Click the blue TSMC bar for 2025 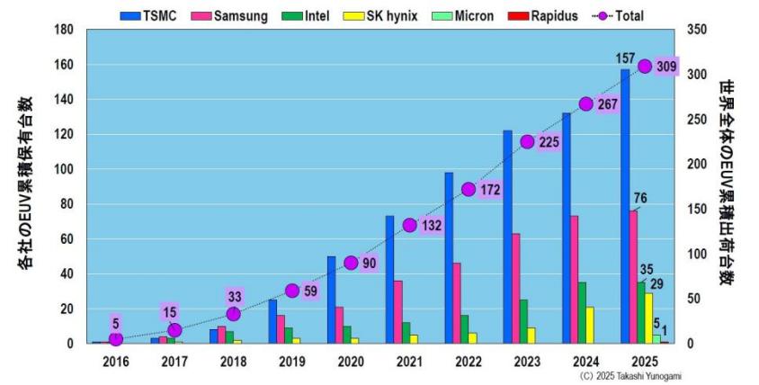[x=624, y=207]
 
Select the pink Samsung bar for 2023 [x=516, y=288]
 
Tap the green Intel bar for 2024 [x=581, y=313]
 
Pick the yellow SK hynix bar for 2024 [x=590, y=325]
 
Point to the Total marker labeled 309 [x=644, y=66]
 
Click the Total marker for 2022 [x=469, y=189]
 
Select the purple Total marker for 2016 [x=116, y=339]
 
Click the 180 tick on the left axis [x=63, y=30]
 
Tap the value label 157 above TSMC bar [x=625, y=58]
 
